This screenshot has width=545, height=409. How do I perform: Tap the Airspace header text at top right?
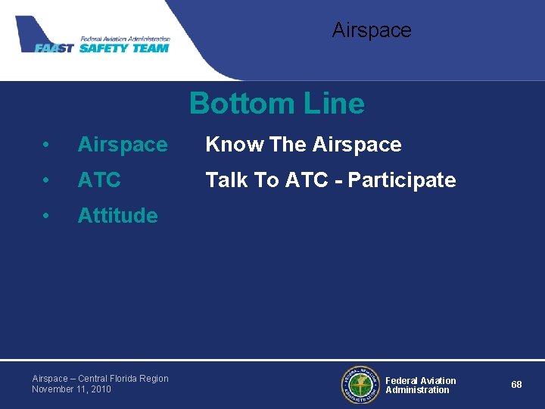pos(372,30)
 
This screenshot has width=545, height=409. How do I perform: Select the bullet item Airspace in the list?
pos(123,145)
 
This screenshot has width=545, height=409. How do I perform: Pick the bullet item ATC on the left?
pos(99,180)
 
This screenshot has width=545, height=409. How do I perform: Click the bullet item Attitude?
pos(117,216)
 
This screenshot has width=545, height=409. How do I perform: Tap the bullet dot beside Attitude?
pos(47,216)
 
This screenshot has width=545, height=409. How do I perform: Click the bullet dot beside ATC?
pos(47,180)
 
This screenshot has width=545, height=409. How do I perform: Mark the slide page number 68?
pos(516,385)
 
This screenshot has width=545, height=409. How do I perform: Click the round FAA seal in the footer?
pos(360,385)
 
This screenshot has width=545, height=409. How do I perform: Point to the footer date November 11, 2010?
pos(71,389)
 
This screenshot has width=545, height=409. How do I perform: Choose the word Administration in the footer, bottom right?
pos(417,390)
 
